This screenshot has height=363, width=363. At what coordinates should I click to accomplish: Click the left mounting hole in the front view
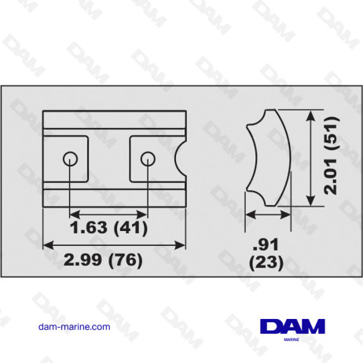pos(71,159)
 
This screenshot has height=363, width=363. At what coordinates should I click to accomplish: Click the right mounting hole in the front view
pos(147,159)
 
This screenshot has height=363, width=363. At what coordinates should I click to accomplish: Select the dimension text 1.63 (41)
pos(108,229)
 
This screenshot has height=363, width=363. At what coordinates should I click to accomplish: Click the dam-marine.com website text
pos(74,326)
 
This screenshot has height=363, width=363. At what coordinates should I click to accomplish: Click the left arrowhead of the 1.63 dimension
pos(75,213)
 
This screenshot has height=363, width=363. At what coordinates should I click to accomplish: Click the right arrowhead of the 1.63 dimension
pos(143,213)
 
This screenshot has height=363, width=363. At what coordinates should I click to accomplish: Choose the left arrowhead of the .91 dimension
pos(249,213)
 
